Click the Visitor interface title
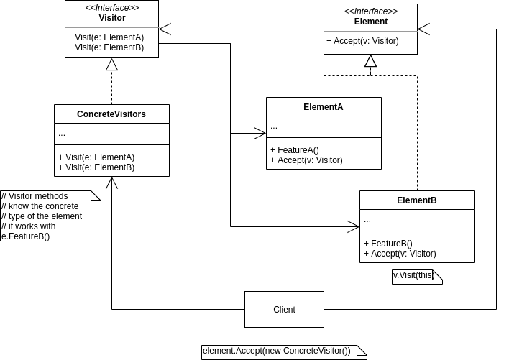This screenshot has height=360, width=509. [x=112, y=18]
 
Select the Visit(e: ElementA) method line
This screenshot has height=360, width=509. [x=106, y=37]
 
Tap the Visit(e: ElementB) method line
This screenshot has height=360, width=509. [x=106, y=47]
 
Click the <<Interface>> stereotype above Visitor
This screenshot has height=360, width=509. [x=112, y=8]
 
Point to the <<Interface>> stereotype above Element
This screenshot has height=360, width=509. [x=371, y=11]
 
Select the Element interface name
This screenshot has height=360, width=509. [x=371, y=22]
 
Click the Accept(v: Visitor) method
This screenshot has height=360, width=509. [x=363, y=41]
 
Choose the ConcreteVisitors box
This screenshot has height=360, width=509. [x=111, y=114]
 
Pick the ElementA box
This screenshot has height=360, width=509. [x=324, y=107]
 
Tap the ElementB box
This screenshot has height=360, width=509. [x=417, y=200]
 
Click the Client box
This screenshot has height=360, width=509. [x=284, y=310]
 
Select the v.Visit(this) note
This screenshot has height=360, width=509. [x=413, y=275]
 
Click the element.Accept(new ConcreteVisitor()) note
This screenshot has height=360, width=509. [x=277, y=351]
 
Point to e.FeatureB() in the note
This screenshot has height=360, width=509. [x=26, y=236]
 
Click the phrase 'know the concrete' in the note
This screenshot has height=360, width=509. [x=40, y=206]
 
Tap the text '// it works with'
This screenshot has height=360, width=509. [x=29, y=226]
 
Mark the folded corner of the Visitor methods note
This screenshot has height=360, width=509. [x=96, y=195]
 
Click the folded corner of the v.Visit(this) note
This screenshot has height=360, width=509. [x=437, y=274]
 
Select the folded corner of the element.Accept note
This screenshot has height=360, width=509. [x=362, y=350]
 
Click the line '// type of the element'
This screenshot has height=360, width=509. [x=42, y=216]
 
